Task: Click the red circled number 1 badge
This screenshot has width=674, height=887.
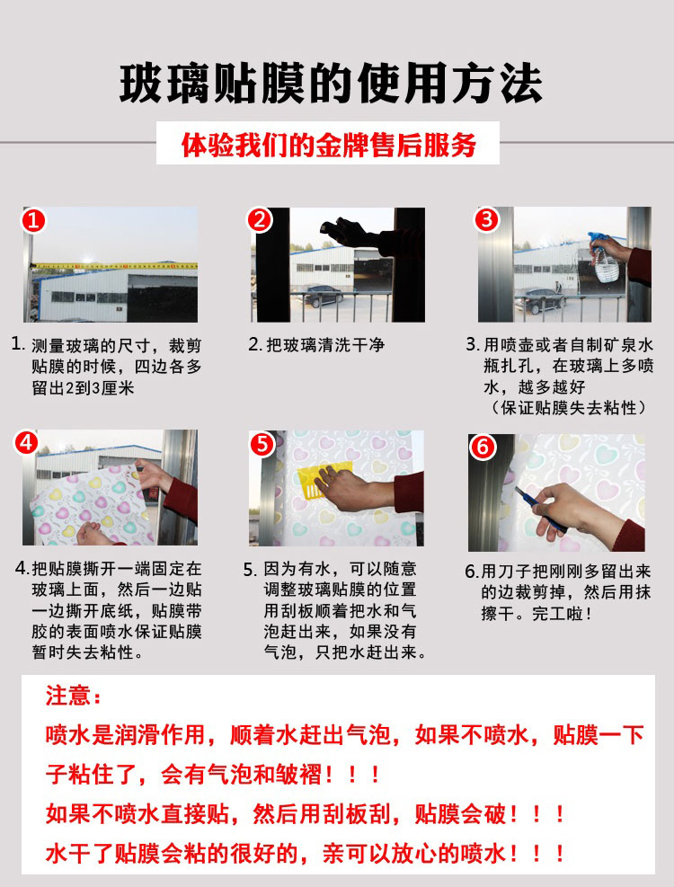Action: pyautogui.click(x=33, y=219)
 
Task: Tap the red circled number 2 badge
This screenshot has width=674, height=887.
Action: pyautogui.click(x=260, y=219)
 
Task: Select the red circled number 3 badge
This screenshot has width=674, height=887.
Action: pyautogui.click(x=487, y=219)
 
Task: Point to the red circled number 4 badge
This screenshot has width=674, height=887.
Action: pyautogui.click(x=26, y=443)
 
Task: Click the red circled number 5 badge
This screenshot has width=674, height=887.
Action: pyautogui.click(x=262, y=444)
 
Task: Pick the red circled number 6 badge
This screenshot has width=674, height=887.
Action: pyautogui.click(x=483, y=447)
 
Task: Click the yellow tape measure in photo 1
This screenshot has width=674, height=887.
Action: pyautogui.click(x=113, y=265)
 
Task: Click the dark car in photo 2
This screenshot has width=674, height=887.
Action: pyautogui.click(x=320, y=296)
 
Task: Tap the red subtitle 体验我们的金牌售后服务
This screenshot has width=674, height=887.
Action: pyautogui.click(x=328, y=145)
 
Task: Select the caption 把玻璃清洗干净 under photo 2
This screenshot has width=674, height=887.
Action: pyautogui.click(x=325, y=344)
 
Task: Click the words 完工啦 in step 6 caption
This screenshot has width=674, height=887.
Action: pyautogui.click(x=557, y=613)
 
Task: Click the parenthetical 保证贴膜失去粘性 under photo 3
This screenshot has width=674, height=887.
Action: pyautogui.click(x=569, y=407)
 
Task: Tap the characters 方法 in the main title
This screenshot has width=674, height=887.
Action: pyautogui.click(x=496, y=84)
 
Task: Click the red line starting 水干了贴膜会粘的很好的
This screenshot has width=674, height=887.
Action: pyautogui.click(x=306, y=854)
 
